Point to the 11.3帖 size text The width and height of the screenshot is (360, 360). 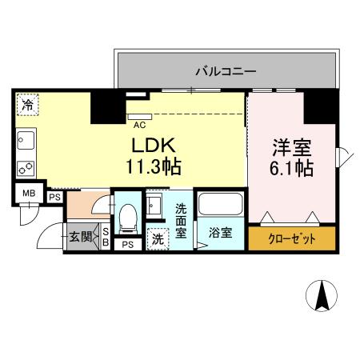[x=152, y=168]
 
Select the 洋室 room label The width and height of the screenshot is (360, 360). [x=291, y=149]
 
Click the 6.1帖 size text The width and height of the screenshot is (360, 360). [x=291, y=169]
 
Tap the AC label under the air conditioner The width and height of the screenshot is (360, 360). [x=139, y=124]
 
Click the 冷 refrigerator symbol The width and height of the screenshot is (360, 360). [x=29, y=105]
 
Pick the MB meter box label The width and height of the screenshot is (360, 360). [x=29, y=194]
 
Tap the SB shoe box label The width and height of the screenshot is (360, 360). [x=106, y=237]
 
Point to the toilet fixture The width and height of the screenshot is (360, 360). [x=127, y=218]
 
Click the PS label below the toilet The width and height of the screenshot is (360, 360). [x=127, y=246]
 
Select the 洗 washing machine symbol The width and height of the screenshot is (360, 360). [x=158, y=238]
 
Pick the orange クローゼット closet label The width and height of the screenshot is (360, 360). [x=291, y=239]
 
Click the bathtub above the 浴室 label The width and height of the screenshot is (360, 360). [x=220, y=204]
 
